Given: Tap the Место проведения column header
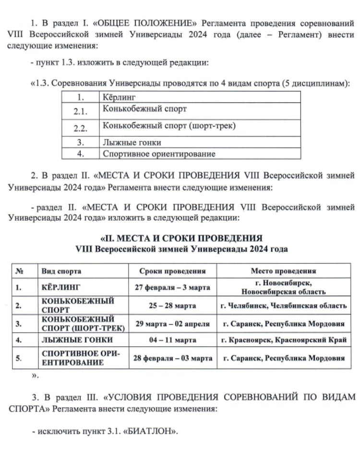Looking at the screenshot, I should click(x=283, y=270).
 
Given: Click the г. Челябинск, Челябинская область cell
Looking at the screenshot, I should click(x=283, y=305).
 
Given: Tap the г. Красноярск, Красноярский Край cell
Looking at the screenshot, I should click(x=283, y=340).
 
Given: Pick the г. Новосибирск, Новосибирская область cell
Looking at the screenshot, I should click(x=283, y=287).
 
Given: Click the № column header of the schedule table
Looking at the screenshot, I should click(x=20, y=270).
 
